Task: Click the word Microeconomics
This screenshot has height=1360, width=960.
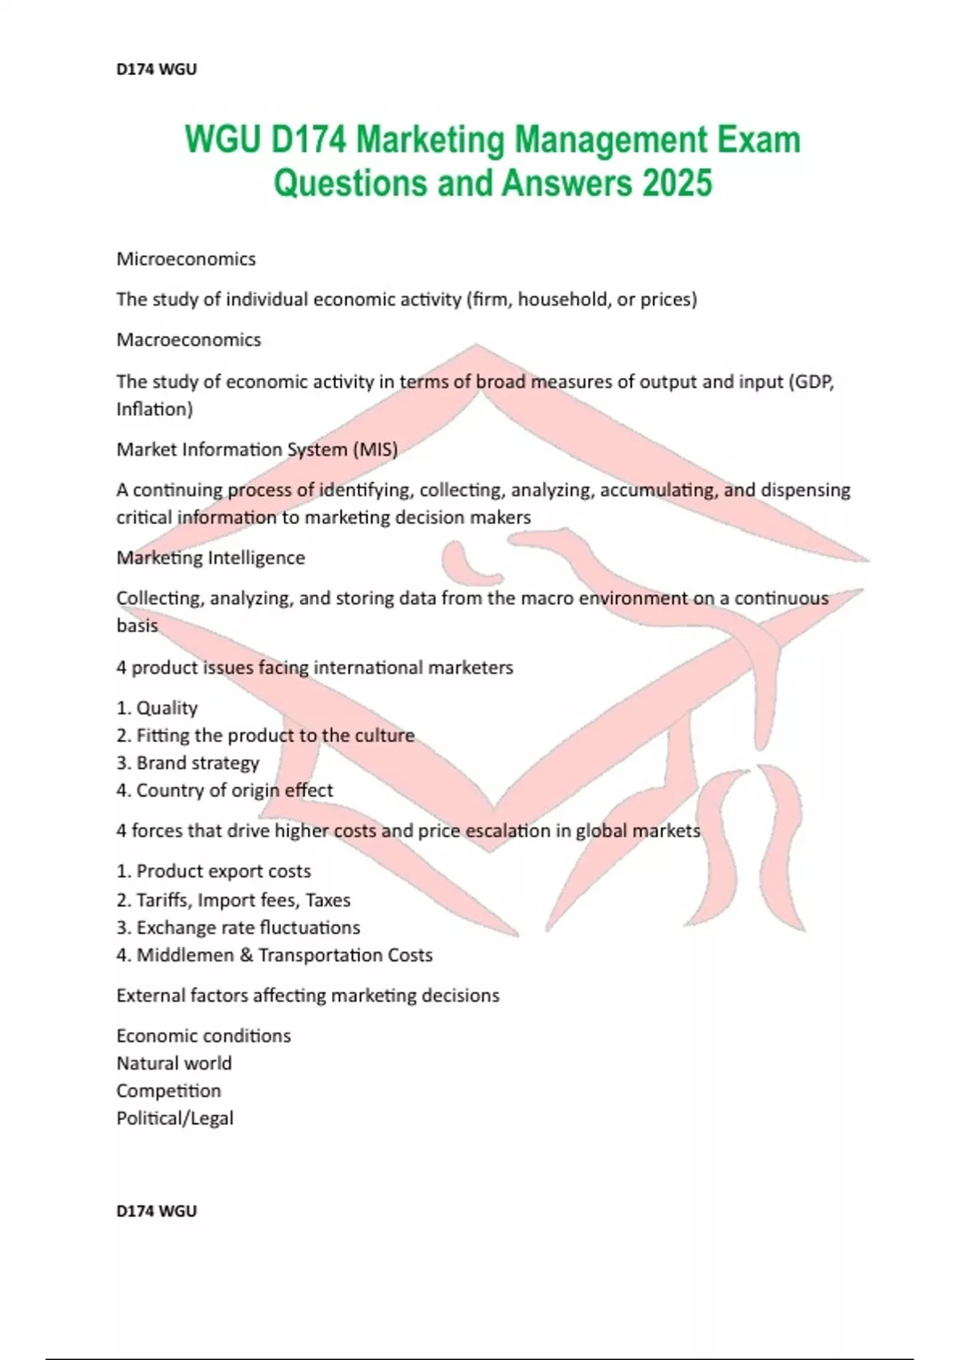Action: coord(186,259)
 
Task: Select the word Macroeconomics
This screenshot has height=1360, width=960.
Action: coord(188,340)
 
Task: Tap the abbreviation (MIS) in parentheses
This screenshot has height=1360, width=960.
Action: coord(374,450)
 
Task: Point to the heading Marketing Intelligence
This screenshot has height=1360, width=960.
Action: coord(210,558)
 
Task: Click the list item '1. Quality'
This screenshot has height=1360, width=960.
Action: coord(157,708)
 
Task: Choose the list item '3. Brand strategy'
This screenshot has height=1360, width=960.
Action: coord(188,763)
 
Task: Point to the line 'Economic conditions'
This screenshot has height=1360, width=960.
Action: coord(203,1036)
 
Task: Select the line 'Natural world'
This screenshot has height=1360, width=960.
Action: coord(174,1063)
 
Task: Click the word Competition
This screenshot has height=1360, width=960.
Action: coord(168,1091)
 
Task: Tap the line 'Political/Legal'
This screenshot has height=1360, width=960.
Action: coord(174,1118)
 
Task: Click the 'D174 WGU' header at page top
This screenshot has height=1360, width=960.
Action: coord(156,70)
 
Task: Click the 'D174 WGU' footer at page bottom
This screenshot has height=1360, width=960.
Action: coord(156,1211)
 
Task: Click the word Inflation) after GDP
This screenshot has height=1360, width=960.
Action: coord(154,410)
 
